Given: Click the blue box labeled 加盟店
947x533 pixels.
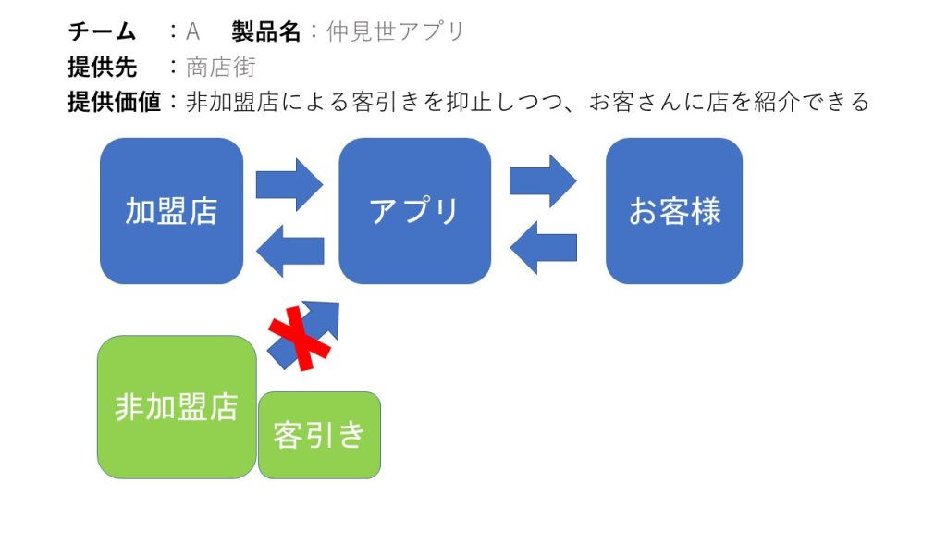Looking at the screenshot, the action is point(171,211).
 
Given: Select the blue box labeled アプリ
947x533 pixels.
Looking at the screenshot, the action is point(415,211).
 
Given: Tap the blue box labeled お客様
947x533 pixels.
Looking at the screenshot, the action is point(674,211).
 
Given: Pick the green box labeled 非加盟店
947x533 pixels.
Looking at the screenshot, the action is point(177,407).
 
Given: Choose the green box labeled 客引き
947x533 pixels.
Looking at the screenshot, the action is point(319,435).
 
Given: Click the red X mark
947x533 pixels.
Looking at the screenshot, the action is point(300,339).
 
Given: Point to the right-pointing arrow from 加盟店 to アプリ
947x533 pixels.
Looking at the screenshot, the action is point(289,185).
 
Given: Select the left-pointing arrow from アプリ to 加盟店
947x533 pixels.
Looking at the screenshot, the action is point(289,251).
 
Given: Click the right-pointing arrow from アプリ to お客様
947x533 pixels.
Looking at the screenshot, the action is point(543,181).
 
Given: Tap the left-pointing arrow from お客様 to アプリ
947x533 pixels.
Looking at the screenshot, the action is point(544,248).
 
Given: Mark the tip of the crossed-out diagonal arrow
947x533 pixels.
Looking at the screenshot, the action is point(338,303).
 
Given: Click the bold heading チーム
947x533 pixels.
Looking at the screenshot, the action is point(102,31).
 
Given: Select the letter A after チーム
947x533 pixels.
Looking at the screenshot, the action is point(192,31).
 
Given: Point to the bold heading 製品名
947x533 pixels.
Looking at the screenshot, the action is point(265,31).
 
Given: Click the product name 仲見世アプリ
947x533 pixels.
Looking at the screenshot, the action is point(395,31).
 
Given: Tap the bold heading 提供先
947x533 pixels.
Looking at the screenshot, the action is point(102,67).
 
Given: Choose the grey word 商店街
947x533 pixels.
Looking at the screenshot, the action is point(221,67).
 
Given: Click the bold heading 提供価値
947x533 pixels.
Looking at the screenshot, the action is point(114,102).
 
